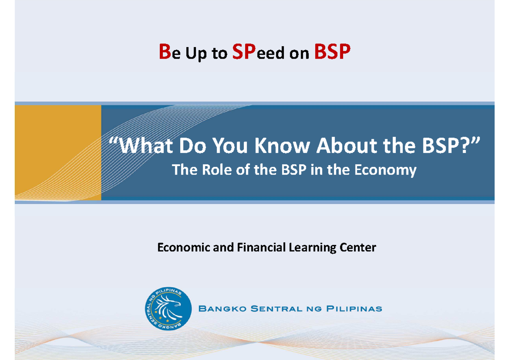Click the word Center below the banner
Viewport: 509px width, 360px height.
358,247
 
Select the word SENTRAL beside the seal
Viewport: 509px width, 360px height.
273,309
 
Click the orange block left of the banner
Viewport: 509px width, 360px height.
58,152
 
